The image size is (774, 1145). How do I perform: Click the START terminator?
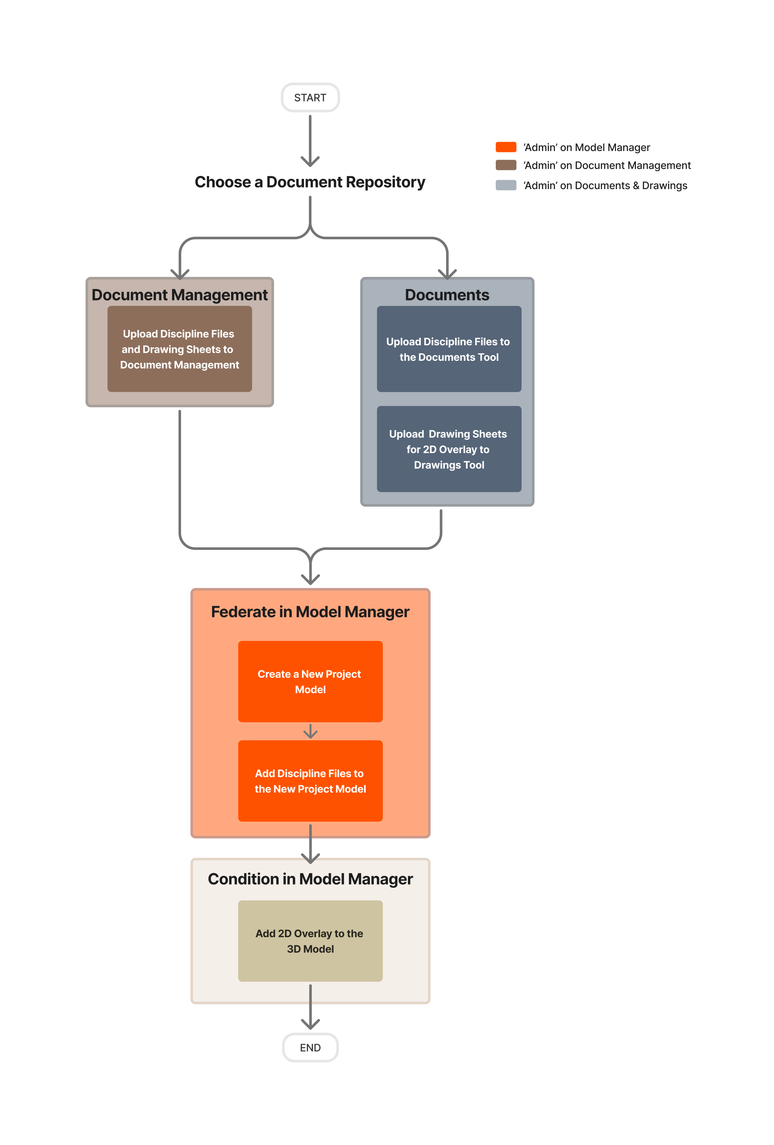[x=310, y=97]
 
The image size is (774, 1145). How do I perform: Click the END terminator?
[x=310, y=1048]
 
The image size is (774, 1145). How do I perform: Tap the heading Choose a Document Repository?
[x=310, y=182]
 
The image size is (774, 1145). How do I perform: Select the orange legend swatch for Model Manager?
[x=505, y=147]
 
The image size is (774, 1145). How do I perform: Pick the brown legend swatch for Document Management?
[x=505, y=165]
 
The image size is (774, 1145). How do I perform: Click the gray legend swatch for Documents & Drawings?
[x=505, y=185]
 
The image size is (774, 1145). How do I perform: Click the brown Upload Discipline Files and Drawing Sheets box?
[x=179, y=349]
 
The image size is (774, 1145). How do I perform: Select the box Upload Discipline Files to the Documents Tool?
[x=449, y=349]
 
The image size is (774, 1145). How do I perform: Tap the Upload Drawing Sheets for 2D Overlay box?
[x=449, y=449]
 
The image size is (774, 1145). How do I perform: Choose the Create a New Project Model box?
[x=310, y=681]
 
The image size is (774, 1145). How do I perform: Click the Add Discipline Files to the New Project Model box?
[x=310, y=781]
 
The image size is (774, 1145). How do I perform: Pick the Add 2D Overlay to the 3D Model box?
[x=310, y=941]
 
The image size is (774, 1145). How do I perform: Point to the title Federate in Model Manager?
[x=310, y=612]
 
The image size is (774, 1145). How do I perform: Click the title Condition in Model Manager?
[x=310, y=879]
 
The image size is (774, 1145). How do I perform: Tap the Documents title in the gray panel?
[x=447, y=295]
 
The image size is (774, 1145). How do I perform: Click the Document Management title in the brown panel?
[x=179, y=295]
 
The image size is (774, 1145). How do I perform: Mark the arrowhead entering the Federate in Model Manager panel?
[x=310, y=579]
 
